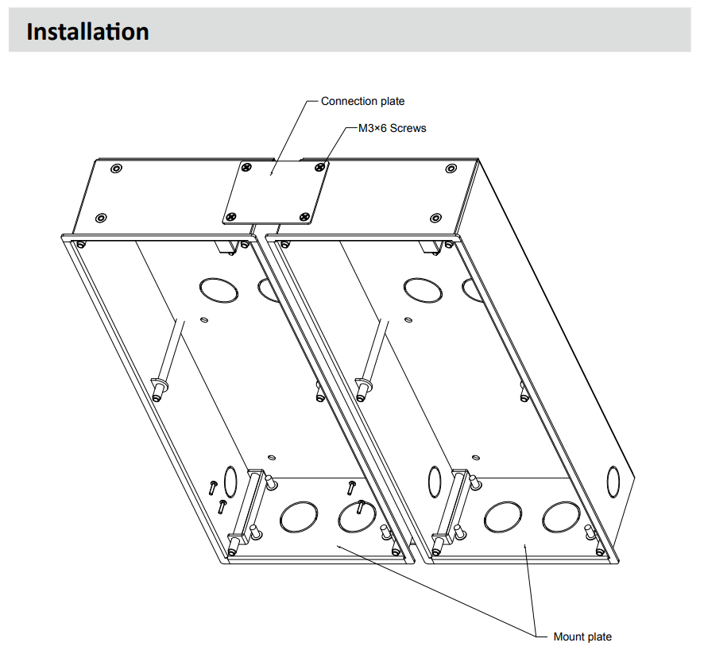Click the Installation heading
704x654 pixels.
point(87,32)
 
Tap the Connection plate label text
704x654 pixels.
point(362,101)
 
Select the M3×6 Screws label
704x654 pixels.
point(392,128)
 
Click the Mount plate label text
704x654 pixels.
point(582,637)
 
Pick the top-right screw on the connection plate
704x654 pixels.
point(319,167)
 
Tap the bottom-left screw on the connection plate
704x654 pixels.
point(230,216)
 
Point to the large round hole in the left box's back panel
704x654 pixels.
point(214,288)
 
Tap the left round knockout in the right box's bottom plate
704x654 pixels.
point(501,517)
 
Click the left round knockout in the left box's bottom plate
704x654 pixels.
point(297,517)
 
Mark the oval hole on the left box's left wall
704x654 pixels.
point(230,481)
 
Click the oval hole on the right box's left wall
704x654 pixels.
point(435,481)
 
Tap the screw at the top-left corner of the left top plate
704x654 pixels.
point(117,168)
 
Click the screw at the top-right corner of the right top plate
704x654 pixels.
point(451,168)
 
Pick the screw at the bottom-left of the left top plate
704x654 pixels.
point(100,218)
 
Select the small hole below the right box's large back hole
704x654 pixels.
point(408,320)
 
